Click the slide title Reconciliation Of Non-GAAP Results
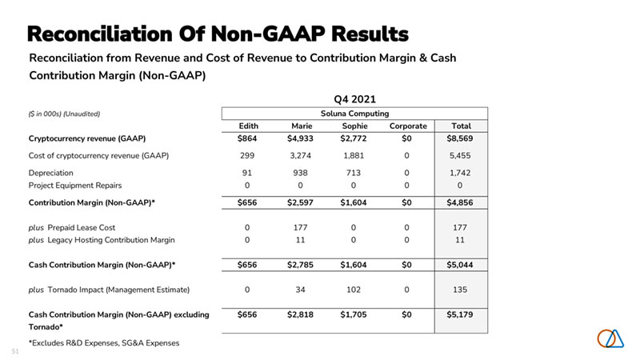pyautogui.click(x=218, y=34)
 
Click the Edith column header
pyautogui.click(x=248, y=126)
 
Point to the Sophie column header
pyautogui.click(x=354, y=126)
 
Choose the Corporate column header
pyautogui.click(x=408, y=126)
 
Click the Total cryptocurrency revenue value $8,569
pyautogui.click(x=461, y=139)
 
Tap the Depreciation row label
pyautogui.click(x=51, y=172)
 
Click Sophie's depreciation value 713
pyautogui.click(x=354, y=172)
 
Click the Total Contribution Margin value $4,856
pyautogui.click(x=461, y=203)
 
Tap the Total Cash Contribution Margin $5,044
pyautogui.click(x=461, y=264)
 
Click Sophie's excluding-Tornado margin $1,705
pyautogui.click(x=354, y=314)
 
